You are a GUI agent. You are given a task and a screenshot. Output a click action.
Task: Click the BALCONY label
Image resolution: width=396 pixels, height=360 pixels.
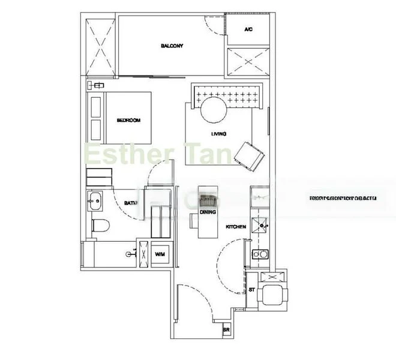tap(172, 46)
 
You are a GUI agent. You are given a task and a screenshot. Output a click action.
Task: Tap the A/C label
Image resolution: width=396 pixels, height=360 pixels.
tap(248, 29)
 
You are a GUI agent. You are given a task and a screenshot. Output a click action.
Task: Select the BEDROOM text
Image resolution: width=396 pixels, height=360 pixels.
tap(128, 120)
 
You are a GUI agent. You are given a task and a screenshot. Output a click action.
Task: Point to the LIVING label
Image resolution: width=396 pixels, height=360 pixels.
tap(218, 134)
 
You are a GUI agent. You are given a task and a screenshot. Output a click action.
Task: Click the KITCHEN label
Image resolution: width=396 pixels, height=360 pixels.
tap(235, 227)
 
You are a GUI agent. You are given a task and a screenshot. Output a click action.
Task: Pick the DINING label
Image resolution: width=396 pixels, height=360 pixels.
tap(208, 212)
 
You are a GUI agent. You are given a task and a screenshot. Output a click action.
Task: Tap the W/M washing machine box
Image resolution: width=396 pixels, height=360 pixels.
tap(160, 255)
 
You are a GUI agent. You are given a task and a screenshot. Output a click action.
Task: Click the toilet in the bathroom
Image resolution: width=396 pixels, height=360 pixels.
tap(101, 227)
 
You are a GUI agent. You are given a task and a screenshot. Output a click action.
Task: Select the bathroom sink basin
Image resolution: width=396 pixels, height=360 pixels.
tap(94, 202)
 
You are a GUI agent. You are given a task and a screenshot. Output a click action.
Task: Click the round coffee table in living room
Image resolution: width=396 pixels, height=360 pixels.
tap(213, 111)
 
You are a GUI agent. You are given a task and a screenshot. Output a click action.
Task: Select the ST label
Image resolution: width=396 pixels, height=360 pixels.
tap(252, 289)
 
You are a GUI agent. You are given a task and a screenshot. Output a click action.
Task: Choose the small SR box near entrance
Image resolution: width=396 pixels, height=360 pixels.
tap(227, 330)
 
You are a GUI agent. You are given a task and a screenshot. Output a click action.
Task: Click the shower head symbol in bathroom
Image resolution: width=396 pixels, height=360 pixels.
tap(130, 254)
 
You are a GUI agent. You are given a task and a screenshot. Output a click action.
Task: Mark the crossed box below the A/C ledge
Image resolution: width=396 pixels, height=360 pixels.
tap(248, 62)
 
